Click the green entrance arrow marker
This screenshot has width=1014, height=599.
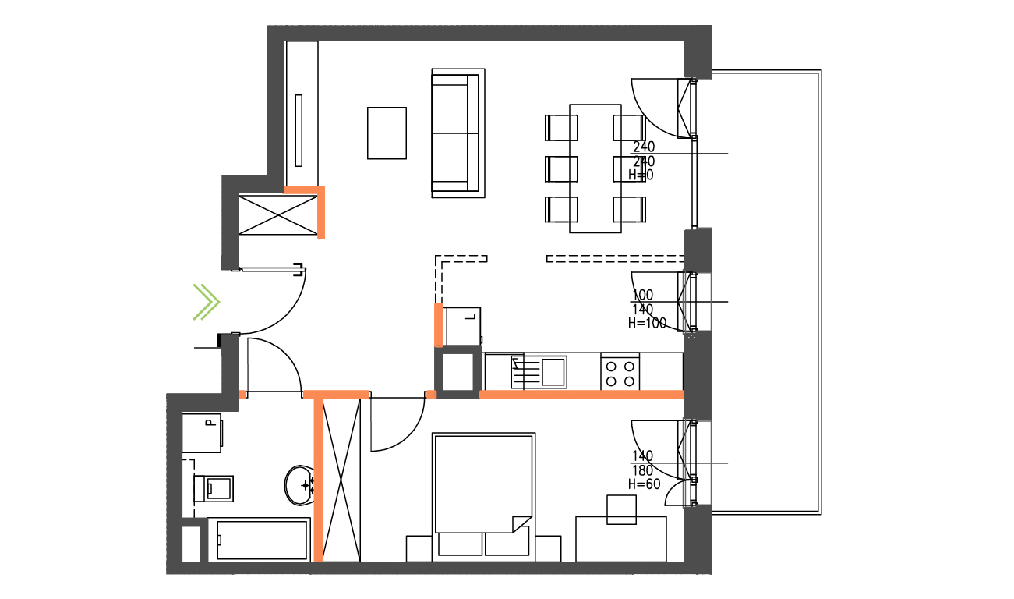point(207,302)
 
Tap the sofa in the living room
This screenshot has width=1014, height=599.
point(458,133)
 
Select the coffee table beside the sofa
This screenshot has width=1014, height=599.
point(387,133)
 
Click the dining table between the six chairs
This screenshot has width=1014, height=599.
point(595,168)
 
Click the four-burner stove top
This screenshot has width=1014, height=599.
point(620,372)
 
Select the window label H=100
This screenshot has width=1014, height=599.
point(648,324)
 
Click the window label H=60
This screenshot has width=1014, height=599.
point(645,484)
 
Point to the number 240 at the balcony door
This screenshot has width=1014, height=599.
point(644,147)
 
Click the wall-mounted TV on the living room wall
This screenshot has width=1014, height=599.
point(299,130)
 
